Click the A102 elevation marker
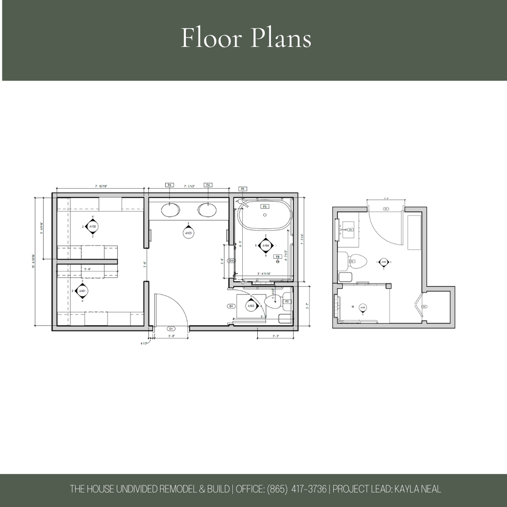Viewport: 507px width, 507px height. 92,226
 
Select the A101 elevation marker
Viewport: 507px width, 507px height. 82,291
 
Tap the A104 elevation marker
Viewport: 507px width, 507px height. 266,245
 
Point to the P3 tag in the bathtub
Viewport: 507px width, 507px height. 264,207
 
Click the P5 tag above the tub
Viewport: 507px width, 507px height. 243,189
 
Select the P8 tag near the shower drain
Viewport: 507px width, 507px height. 277,257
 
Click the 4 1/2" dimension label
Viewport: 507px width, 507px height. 144,344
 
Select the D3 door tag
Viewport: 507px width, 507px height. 231,261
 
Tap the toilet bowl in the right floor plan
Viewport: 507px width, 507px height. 358,261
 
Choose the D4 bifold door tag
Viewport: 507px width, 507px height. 424,307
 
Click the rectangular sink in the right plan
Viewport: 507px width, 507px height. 350,230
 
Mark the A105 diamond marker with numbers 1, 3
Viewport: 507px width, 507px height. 384,262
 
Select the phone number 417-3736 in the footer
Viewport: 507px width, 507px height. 308,489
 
